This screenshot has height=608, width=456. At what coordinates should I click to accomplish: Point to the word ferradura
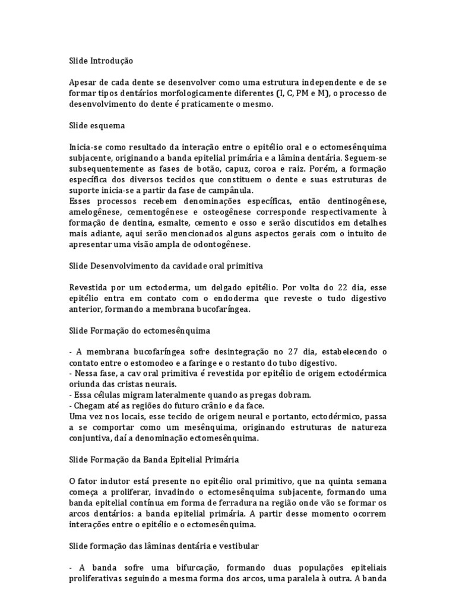(x=235, y=504)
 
